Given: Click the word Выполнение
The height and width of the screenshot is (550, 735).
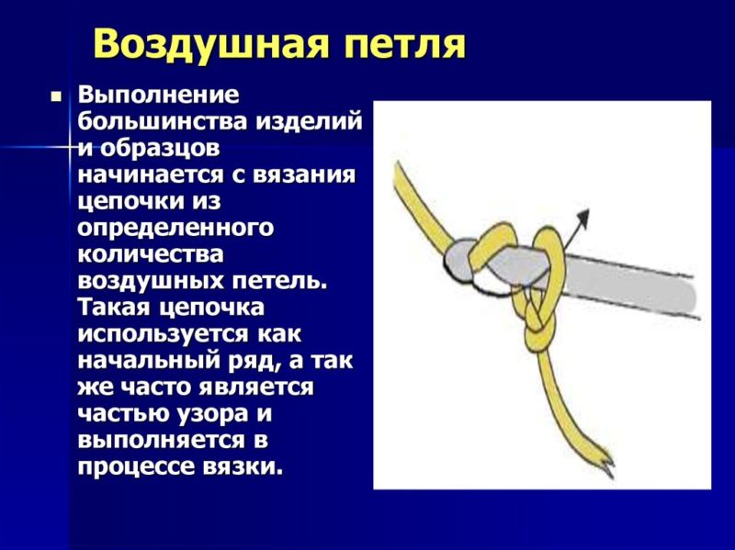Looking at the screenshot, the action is tap(158, 95).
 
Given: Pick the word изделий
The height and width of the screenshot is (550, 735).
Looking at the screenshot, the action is tap(310, 122).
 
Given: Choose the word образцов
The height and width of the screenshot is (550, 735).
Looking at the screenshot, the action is tap(159, 149).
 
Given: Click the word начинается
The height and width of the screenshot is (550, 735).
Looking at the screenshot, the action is tap(151, 175).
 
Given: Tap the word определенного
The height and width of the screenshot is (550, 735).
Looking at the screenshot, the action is tap(175, 229).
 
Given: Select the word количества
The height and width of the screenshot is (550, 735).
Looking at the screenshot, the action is tap(151, 255).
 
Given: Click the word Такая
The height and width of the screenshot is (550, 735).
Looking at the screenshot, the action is tap(115, 309).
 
